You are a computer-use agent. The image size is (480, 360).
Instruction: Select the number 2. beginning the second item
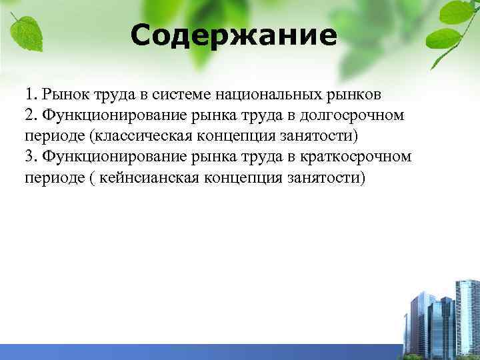(x=32, y=115)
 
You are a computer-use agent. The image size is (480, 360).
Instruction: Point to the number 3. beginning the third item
(x=32, y=157)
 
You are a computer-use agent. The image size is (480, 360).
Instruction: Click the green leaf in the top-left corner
(x=25, y=30)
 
